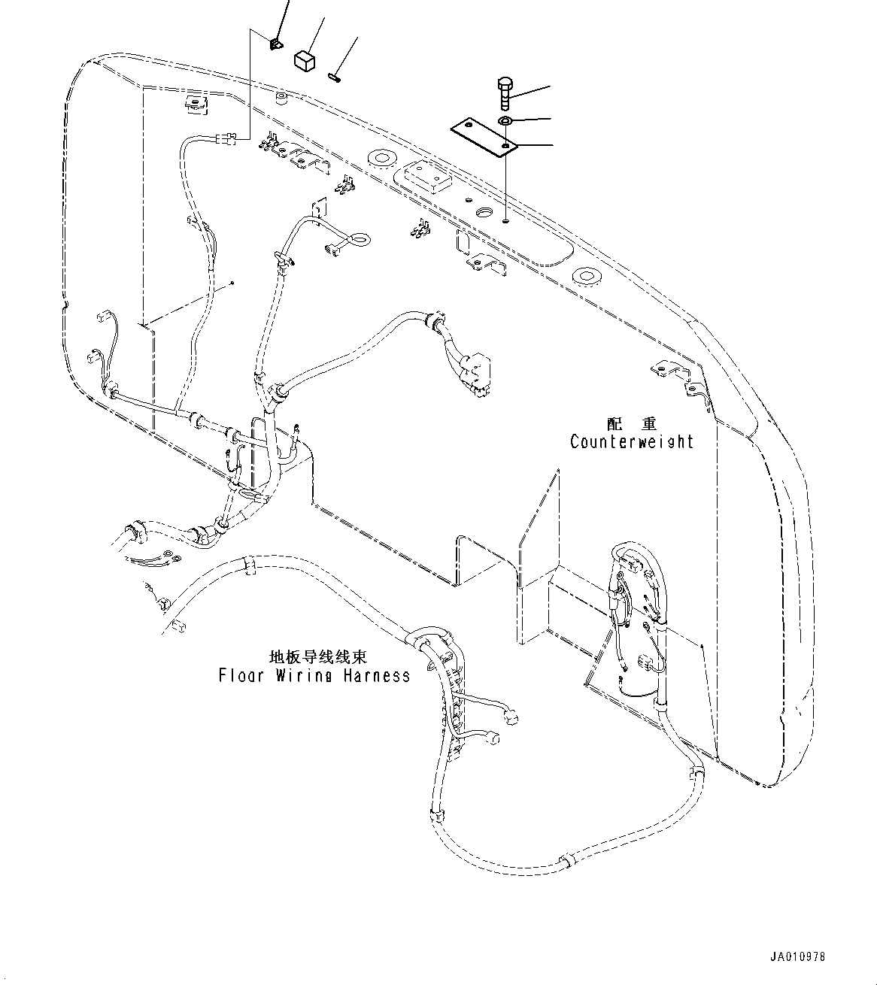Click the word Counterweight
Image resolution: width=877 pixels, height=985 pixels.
[x=632, y=441]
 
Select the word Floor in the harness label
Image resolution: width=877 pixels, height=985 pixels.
[x=241, y=675]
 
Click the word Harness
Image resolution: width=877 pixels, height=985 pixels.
[x=377, y=675]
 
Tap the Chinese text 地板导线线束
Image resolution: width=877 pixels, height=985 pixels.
[x=319, y=657]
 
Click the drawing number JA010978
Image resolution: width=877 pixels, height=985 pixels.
[x=797, y=957]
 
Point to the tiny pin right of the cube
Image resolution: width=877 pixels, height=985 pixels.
[x=335, y=74]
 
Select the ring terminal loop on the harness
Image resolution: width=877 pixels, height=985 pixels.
[x=360, y=240]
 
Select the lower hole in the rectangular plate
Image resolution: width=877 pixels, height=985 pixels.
[x=505, y=144]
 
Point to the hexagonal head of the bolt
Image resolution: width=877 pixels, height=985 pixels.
[x=505, y=82]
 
